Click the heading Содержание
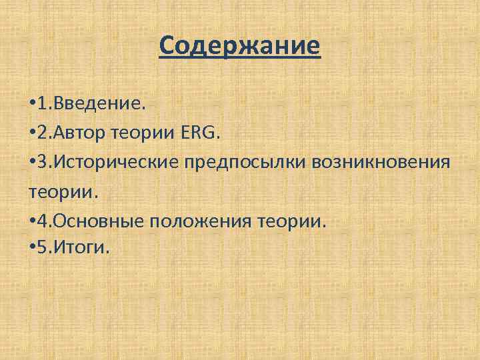240,47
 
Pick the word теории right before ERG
147,133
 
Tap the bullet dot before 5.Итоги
33,249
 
